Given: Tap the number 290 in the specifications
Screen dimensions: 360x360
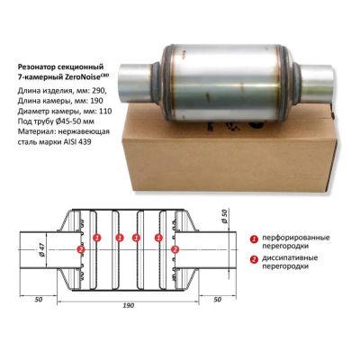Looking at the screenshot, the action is click(x=100, y=90).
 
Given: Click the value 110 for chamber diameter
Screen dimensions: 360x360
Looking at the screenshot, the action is click(x=106, y=112).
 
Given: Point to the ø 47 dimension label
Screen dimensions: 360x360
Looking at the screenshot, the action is click(x=41, y=249).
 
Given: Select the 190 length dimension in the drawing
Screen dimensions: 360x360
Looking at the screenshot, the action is click(x=129, y=305).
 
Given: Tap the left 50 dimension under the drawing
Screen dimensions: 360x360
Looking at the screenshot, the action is click(x=39, y=300).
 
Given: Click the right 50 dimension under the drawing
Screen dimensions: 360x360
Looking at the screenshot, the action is click(x=217, y=300).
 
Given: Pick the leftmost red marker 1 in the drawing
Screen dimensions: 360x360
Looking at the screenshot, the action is click(x=96, y=238).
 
